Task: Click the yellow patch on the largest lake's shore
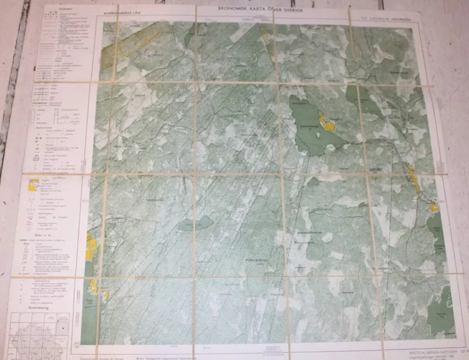coord(327,123)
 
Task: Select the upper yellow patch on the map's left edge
coord(91,246)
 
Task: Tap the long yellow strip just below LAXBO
coord(413,179)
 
